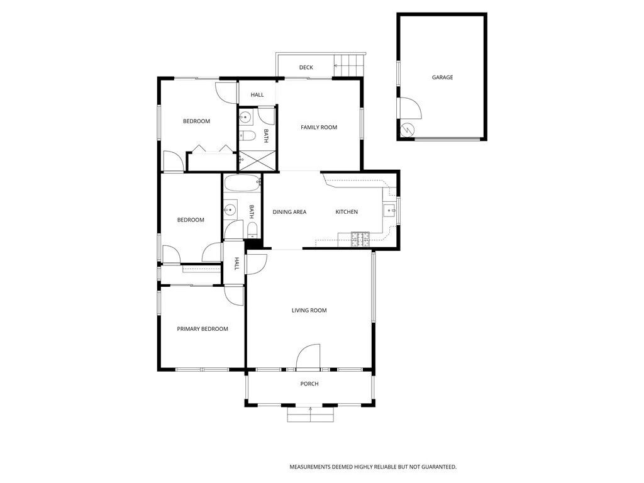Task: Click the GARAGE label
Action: (442, 77)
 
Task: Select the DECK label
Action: (306, 67)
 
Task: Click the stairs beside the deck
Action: (348, 65)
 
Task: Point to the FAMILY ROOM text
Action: (319, 127)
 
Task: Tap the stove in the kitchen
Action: (361, 238)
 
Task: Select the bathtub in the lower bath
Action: (242, 184)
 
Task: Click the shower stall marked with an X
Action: (257, 160)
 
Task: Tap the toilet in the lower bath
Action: (252, 228)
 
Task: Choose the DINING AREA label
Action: (289, 212)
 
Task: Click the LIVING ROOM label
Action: (309, 310)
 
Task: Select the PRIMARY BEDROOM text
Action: (202, 329)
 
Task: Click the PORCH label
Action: (309, 384)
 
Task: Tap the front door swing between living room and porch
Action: (308, 355)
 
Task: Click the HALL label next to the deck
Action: (257, 95)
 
